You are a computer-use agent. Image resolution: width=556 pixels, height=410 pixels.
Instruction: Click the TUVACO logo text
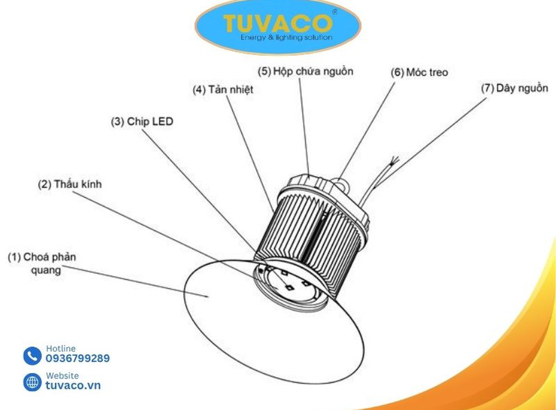coord(277,23)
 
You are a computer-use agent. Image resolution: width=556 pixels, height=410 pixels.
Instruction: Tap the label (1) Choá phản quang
coord(42,264)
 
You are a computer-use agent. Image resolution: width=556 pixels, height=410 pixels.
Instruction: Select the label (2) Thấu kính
coord(70,184)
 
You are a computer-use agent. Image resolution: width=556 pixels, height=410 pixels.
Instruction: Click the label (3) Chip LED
coord(142,121)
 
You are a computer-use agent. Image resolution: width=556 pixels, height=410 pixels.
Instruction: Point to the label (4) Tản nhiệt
coord(223,90)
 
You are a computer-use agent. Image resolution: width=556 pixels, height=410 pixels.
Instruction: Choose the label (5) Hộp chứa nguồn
coord(306,71)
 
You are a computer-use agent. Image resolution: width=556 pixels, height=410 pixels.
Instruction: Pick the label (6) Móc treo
coord(419,73)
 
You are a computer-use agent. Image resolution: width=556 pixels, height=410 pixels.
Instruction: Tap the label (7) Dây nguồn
coord(514,88)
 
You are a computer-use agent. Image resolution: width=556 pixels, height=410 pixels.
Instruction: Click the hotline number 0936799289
coord(78,358)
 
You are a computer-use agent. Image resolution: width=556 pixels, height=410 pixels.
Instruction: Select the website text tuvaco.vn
coord(73,385)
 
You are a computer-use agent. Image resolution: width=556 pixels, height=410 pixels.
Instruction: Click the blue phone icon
coord(32,356)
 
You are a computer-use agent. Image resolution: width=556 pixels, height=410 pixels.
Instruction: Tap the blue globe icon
coord(32,382)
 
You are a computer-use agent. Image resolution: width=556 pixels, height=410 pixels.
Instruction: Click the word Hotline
coord(61,348)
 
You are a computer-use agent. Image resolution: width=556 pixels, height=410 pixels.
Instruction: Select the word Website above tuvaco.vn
coord(63,375)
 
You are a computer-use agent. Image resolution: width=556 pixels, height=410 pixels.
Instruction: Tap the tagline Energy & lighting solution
coord(287,37)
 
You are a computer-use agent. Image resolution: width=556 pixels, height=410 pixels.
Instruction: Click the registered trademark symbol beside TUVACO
coord(334,12)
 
